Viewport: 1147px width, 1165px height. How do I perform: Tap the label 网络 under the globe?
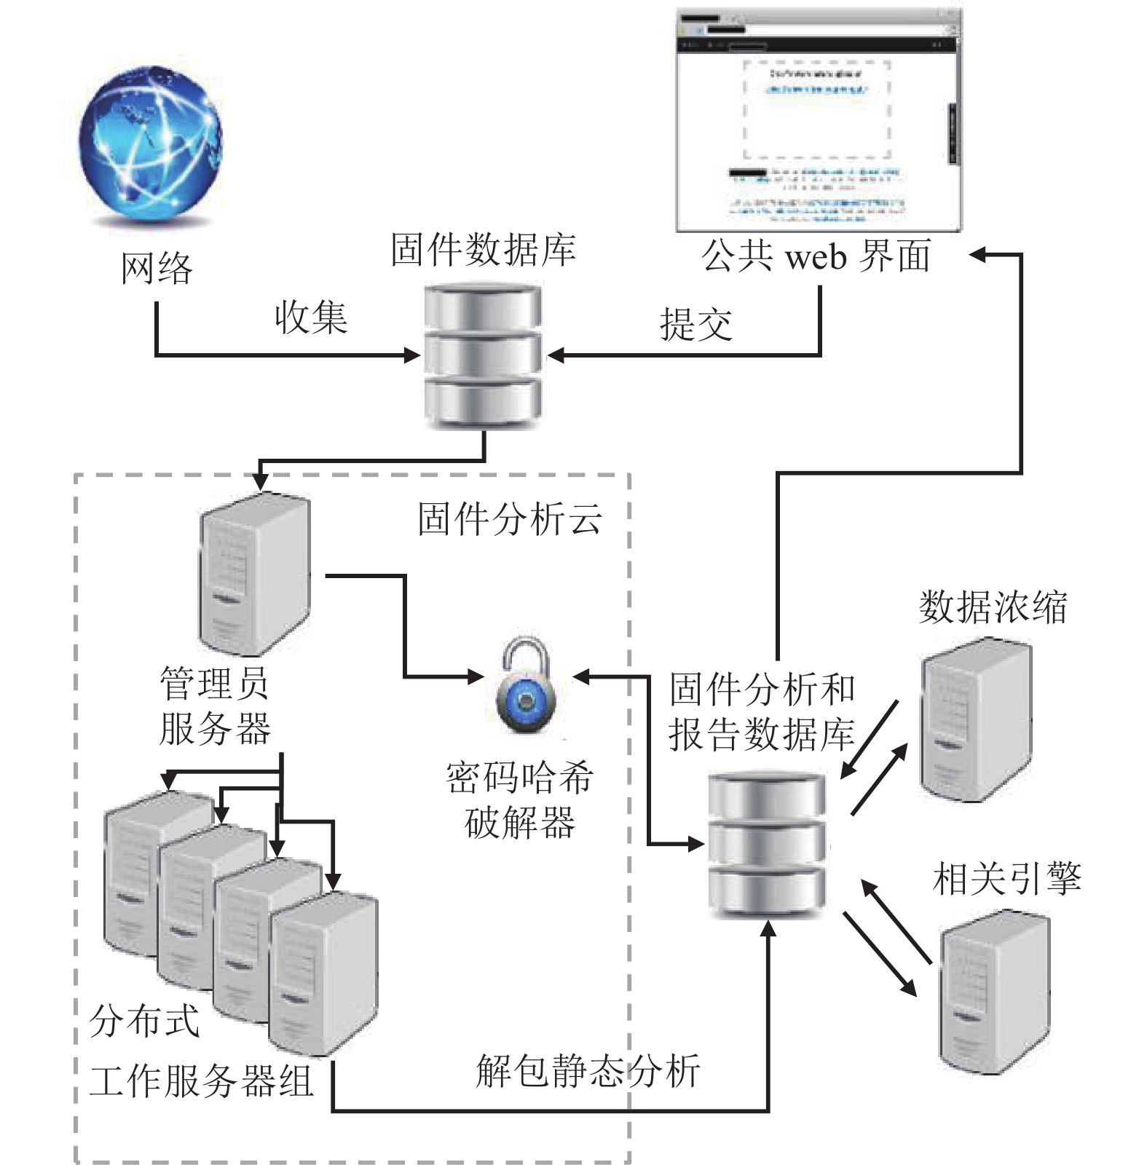coord(157,269)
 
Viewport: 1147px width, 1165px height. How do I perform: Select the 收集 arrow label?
coord(311,318)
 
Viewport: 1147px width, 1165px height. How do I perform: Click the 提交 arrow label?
coord(695,324)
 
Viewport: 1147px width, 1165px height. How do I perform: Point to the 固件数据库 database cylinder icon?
coord(483,356)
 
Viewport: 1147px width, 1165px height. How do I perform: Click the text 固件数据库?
coord(483,250)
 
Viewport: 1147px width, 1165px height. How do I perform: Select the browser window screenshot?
coord(818,120)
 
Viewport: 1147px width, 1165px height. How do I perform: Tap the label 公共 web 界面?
coord(816,256)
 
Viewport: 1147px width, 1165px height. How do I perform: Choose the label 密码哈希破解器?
coord(520,799)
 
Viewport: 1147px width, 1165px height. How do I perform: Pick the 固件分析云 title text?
coord(510,520)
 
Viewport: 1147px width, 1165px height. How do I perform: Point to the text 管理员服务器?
coord(215,706)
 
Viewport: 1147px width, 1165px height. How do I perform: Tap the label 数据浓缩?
coord(993,607)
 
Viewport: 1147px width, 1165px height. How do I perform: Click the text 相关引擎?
coord(1007,879)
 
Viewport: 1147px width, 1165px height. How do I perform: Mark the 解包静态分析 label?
coord(588,1070)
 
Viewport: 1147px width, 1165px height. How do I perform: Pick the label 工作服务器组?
coord(202,1081)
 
